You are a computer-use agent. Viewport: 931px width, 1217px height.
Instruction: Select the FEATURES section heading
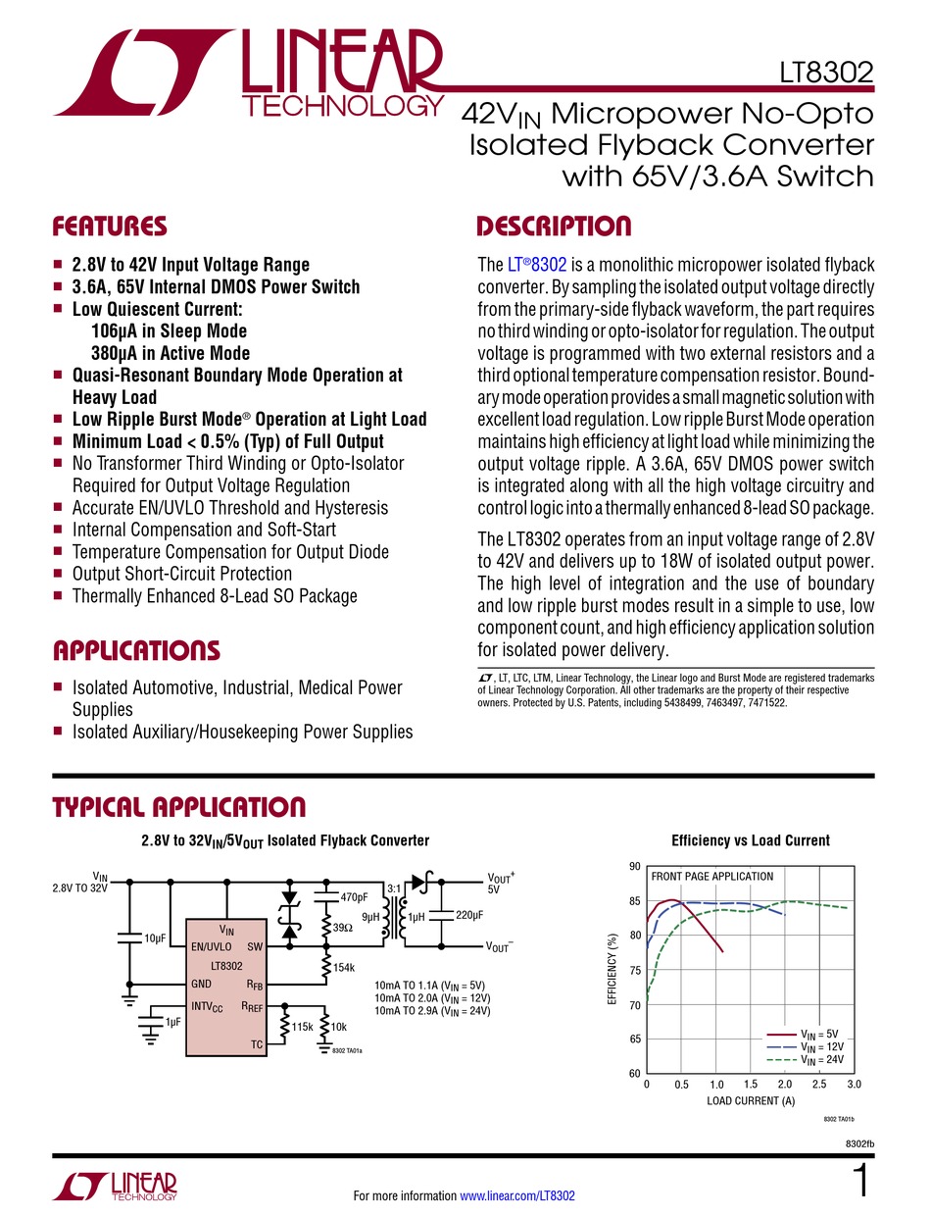tap(109, 228)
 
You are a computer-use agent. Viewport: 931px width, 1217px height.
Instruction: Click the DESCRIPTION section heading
tap(554, 228)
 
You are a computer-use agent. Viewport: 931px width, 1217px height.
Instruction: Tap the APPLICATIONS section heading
tap(135, 651)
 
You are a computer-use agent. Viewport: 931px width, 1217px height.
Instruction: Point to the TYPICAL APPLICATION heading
tap(178, 807)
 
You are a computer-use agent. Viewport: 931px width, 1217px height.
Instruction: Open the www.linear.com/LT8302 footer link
tap(517, 1195)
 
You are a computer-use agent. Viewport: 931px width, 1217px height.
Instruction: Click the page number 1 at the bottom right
tap(860, 1181)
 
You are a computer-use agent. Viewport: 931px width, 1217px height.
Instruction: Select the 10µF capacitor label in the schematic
tap(155, 938)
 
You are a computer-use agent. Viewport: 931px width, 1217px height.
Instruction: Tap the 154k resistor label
tap(343, 968)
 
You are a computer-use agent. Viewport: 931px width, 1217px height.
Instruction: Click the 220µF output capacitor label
tap(470, 915)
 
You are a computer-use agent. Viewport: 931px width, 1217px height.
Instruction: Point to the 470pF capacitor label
tap(354, 897)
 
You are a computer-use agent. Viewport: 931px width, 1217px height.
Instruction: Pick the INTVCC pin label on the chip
tap(208, 1007)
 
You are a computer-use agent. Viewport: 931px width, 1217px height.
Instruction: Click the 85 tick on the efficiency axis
tap(635, 901)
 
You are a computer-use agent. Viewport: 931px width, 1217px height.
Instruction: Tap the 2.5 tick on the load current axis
tap(819, 1085)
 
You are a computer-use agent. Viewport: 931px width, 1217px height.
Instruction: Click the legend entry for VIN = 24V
tap(821, 1060)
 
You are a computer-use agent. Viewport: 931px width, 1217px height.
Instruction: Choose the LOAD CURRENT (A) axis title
tap(751, 1100)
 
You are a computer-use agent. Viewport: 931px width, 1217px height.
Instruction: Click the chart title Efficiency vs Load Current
tap(751, 840)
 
